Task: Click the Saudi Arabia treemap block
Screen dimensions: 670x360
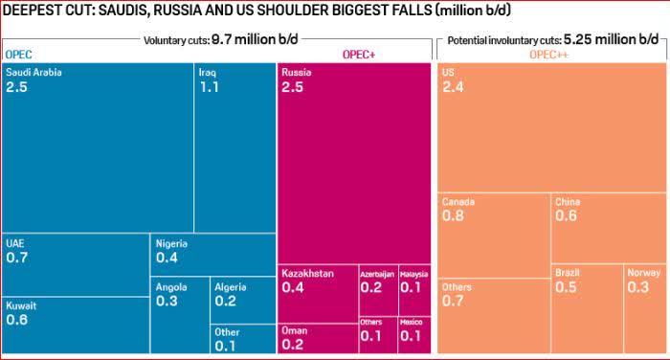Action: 98,147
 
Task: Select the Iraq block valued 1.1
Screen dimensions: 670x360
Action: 235,147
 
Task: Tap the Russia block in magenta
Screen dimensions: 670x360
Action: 354,164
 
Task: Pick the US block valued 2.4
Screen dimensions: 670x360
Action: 552,127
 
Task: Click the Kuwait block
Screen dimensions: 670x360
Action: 76,326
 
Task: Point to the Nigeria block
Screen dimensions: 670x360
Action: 213,255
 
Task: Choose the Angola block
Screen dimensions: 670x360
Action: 180,315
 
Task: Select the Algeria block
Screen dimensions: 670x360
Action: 243,300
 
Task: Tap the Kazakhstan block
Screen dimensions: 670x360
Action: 318,294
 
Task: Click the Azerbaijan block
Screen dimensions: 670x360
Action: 378,290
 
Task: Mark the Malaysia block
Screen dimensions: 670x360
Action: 414,290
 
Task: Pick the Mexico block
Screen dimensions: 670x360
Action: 414,335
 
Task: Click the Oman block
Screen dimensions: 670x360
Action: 318,339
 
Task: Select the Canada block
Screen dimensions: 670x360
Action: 494,236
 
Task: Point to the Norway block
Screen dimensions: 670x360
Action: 645,308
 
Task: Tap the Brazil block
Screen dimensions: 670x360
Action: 587,308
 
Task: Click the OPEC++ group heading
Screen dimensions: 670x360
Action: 548,55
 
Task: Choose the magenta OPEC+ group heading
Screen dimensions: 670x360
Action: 359,55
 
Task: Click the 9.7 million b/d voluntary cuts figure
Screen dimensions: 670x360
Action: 255,40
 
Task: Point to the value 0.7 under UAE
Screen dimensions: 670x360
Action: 17,258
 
